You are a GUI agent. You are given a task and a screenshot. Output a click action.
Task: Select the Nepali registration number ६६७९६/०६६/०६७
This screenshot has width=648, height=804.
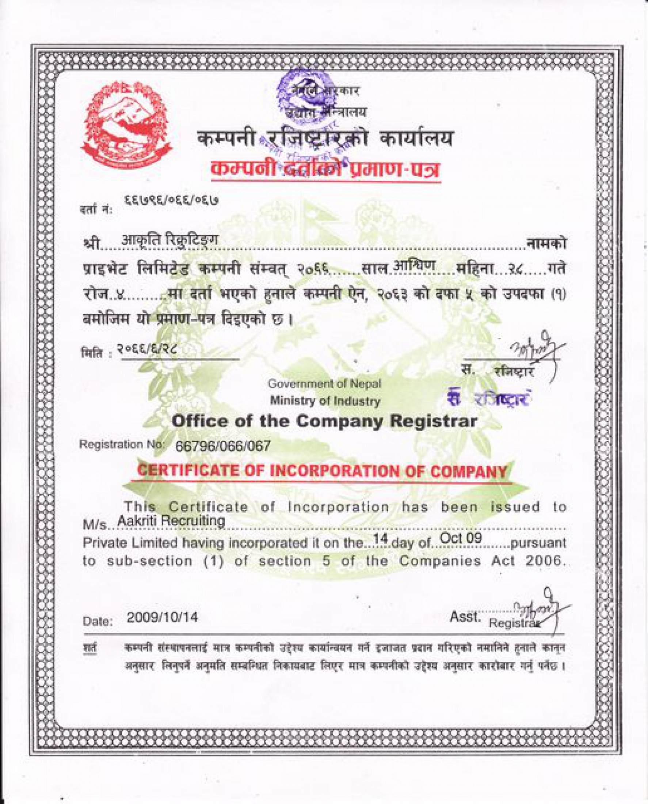[x=172, y=201]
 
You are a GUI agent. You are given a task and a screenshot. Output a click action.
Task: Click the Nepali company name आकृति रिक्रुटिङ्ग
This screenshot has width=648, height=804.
[x=170, y=240]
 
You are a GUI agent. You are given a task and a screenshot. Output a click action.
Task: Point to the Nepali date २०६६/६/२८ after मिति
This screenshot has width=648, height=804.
[x=149, y=349]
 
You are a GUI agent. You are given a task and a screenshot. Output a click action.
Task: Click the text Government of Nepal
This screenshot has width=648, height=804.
[x=324, y=384]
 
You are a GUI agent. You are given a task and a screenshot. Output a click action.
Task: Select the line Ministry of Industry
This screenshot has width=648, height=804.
[x=325, y=401]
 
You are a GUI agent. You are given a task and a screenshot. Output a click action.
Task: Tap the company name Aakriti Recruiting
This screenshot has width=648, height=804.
[x=171, y=520]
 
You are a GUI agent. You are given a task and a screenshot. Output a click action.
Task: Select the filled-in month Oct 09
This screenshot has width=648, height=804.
[x=461, y=538]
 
